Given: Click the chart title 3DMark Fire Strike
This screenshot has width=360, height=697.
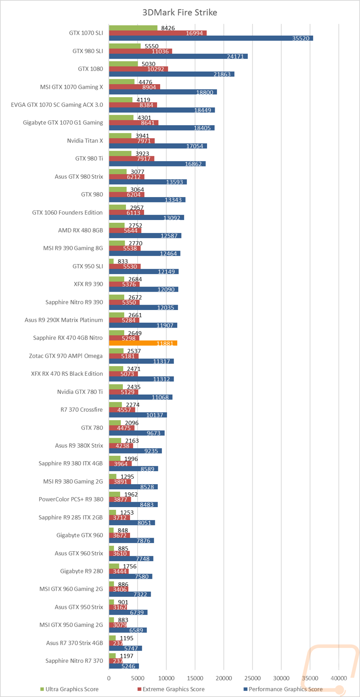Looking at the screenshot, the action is [180, 13].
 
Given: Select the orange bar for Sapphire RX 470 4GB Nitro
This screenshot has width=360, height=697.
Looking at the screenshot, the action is [143, 343].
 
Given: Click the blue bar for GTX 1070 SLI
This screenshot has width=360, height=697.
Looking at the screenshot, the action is [211, 38].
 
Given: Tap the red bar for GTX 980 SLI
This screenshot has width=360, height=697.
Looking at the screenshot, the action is [141, 51].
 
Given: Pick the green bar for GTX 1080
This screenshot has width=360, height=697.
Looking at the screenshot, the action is [124, 64].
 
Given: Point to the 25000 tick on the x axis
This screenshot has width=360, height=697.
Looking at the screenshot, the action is [252, 678].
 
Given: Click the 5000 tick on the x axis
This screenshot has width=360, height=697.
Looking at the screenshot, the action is [138, 678].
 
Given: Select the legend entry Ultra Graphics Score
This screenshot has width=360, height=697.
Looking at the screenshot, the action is [69, 689].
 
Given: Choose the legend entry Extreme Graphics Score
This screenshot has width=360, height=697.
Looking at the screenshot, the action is [171, 689].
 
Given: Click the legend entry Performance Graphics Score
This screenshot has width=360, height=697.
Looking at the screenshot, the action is [283, 689].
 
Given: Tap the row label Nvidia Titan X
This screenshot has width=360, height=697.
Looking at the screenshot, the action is [85, 141].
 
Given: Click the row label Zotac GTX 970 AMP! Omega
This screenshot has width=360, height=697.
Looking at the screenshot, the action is [66, 356].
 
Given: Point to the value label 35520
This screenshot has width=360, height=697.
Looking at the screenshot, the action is [301, 38].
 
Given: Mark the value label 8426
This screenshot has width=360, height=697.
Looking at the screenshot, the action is [168, 28].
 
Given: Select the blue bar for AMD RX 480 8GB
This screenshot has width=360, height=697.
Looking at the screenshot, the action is [145, 236].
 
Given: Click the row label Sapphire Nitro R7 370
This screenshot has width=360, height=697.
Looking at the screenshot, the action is [74, 661].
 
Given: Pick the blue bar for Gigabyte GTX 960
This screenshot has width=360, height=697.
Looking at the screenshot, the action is [131, 541].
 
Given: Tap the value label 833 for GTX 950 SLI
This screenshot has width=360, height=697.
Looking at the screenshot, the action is [123, 261].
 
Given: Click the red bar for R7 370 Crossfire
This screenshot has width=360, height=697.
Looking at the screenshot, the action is [122, 410].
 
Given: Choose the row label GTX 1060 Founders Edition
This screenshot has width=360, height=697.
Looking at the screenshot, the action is [67, 212].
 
